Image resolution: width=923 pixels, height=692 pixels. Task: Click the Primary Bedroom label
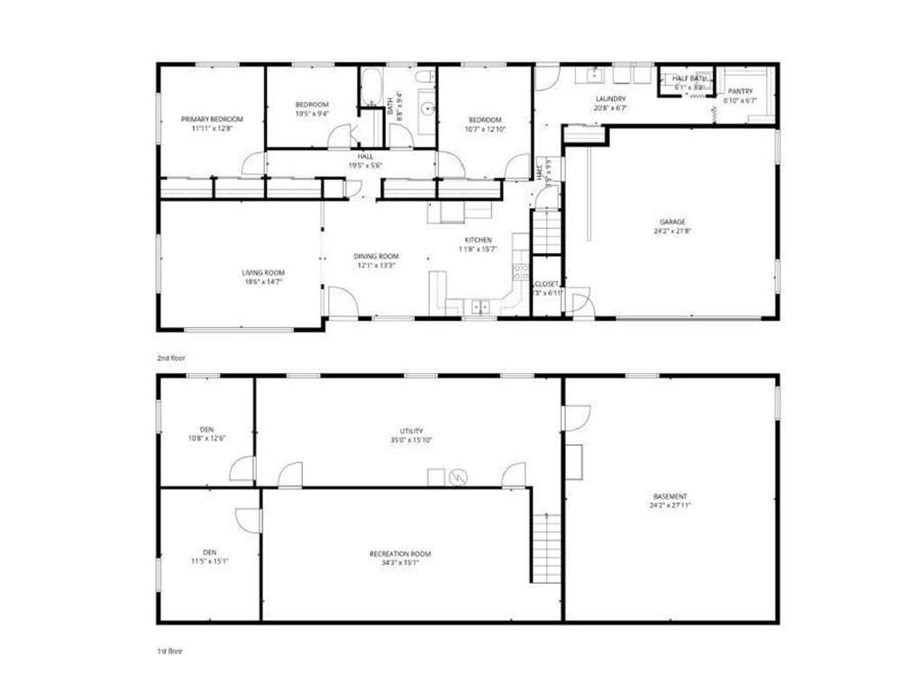click(212, 120)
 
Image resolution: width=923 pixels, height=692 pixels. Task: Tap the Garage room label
click(671, 222)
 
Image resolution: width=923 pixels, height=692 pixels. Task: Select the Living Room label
click(262, 273)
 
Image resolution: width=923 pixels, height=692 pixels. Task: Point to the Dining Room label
click(375, 257)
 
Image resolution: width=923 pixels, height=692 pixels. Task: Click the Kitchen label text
click(478, 240)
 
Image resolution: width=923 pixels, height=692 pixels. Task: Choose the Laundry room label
click(610, 99)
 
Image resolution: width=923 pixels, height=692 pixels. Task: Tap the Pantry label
click(740, 91)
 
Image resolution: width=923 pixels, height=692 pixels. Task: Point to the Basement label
click(671, 496)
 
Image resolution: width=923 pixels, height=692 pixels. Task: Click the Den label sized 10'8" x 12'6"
click(207, 430)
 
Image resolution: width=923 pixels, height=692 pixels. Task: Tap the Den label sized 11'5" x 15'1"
click(209, 552)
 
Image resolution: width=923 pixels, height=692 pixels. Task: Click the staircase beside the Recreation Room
click(546, 546)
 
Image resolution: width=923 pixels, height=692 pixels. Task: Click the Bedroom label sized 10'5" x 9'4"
click(312, 105)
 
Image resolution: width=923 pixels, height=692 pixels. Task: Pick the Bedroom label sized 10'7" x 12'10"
click(485, 120)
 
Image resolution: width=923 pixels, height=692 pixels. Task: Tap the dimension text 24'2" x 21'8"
click(671, 232)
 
